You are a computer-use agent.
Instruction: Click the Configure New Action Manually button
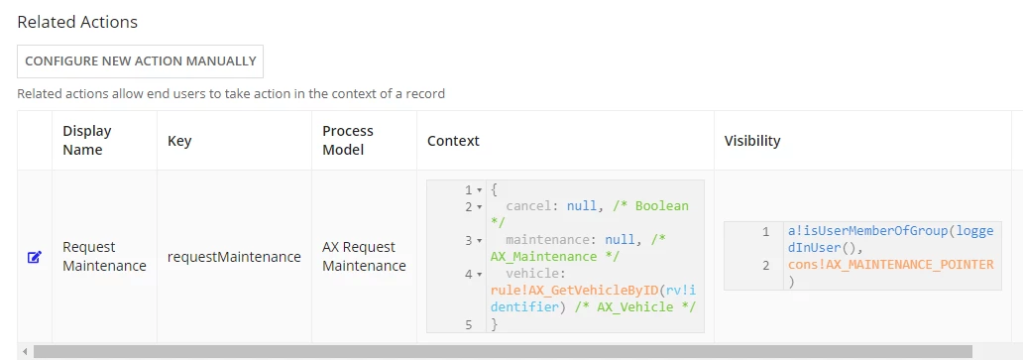141,61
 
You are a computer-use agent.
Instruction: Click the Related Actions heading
77,22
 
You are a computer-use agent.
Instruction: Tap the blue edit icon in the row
35,257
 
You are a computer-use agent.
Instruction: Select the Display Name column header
87,140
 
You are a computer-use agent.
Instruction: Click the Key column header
179,140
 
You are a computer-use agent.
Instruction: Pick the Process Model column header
348,140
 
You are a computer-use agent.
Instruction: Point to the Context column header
453,141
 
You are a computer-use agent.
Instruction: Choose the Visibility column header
752,141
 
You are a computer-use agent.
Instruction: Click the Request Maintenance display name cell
104,257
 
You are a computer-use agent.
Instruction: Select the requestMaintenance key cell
234,257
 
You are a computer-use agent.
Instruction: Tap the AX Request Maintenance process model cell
364,257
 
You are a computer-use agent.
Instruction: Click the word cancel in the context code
528,206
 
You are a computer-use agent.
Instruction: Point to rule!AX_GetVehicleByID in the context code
560,291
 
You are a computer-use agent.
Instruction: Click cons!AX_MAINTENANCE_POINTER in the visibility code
890,265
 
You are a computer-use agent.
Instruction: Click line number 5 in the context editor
468,324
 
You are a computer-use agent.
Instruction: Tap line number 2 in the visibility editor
765,265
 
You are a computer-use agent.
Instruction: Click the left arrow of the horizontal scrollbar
25,351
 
